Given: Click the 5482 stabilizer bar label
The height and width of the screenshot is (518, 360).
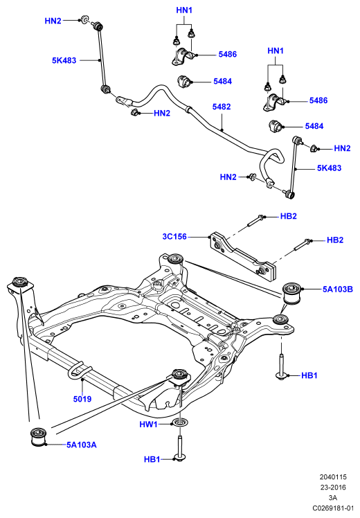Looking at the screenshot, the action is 222,107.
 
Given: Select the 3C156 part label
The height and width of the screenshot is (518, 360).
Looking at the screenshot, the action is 174,237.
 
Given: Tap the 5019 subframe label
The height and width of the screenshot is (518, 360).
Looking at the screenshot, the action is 82,399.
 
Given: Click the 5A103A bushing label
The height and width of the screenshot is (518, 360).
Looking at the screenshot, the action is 82,445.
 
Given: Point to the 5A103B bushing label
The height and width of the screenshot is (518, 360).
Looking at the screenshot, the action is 338,289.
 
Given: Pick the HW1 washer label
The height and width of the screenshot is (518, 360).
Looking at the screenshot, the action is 148,425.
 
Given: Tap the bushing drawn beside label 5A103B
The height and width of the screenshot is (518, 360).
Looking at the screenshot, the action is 293,294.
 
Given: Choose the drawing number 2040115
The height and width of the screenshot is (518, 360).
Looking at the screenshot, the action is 333,477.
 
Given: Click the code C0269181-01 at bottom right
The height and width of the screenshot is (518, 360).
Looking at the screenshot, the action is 333,508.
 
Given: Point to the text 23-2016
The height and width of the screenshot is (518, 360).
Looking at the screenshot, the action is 333,488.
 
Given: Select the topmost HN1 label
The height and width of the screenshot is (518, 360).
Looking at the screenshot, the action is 184,10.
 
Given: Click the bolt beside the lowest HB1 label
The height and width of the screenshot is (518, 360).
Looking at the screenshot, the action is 180,447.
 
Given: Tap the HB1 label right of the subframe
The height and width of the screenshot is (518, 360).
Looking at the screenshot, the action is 309,375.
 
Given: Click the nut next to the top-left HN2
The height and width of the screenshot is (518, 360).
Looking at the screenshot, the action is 85,19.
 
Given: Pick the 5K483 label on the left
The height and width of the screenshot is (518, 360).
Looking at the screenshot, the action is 64,60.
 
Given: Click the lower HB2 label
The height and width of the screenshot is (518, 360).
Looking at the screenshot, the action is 335,240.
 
